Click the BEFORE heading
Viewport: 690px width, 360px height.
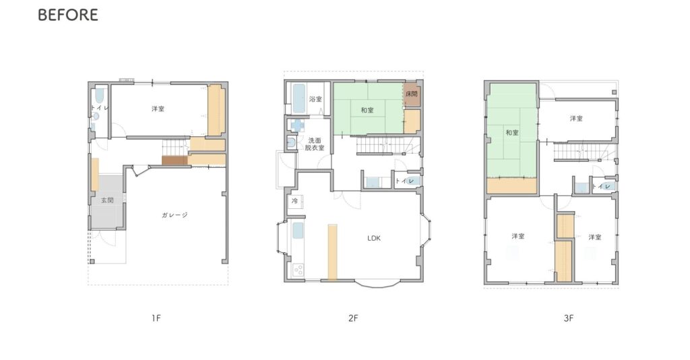tap(68, 15)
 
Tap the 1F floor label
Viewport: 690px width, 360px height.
tap(156, 318)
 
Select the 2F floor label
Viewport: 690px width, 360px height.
tap(353, 318)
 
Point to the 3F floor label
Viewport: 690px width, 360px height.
tap(569, 318)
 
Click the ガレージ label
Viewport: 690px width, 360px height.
tap(175, 215)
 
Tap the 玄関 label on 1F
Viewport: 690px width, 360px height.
tap(107, 200)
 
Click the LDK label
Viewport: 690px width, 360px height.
tap(374, 238)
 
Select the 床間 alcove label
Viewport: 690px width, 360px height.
tap(412, 94)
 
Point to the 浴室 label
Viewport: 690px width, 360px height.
tap(315, 99)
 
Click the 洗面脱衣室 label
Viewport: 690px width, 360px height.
tap(315, 144)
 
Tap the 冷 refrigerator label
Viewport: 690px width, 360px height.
tap(294, 201)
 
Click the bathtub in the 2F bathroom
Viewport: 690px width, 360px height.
tap(298, 98)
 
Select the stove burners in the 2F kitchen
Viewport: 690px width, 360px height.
tap(298, 270)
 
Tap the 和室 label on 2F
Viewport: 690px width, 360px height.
tap(367, 110)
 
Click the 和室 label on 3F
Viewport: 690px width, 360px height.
tap(512, 132)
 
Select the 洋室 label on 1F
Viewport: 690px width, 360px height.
tap(158, 109)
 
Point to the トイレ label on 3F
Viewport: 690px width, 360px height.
tap(601, 187)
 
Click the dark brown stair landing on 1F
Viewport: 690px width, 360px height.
tap(175, 160)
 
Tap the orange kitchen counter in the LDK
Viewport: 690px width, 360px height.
tap(332, 252)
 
